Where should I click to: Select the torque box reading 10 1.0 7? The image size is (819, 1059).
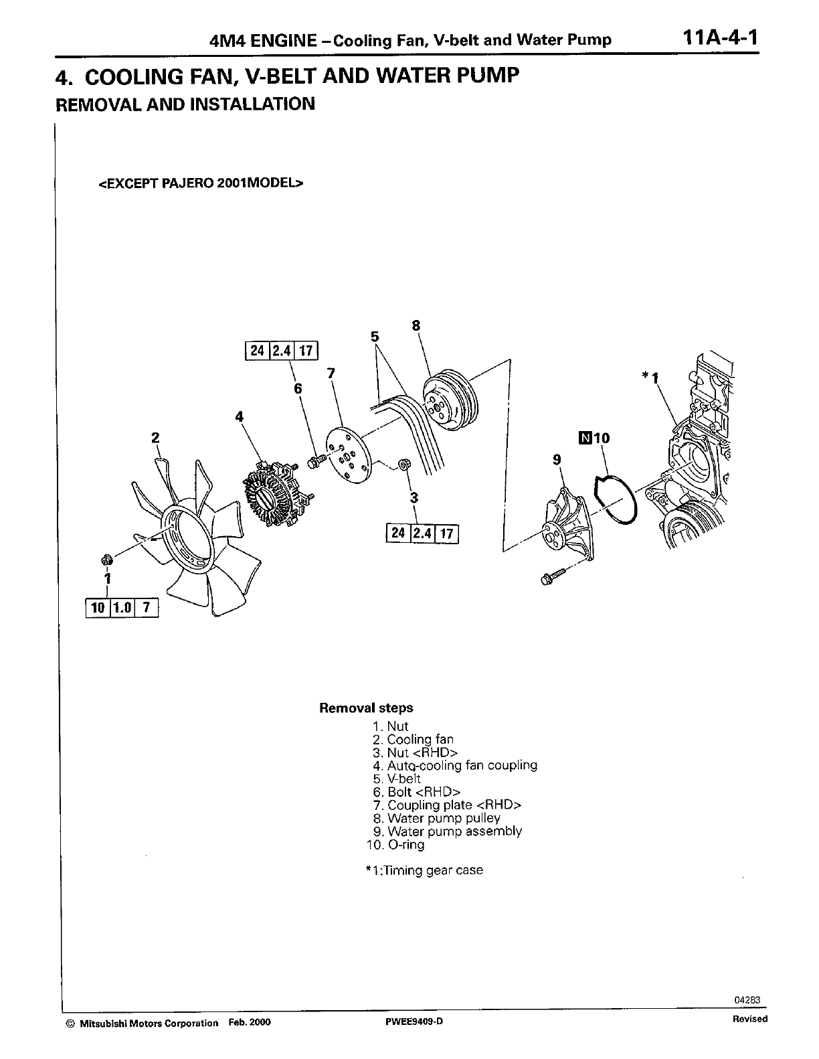click(x=122, y=608)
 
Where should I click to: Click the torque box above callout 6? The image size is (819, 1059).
click(x=280, y=351)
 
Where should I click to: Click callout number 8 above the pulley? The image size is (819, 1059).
click(x=416, y=326)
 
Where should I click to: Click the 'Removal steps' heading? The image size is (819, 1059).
click(x=366, y=708)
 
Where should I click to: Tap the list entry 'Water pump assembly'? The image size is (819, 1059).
click(x=447, y=831)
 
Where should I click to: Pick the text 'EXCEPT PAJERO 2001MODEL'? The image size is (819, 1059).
click(x=201, y=183)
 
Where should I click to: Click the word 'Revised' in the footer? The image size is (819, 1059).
click(x=749, y=1019)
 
